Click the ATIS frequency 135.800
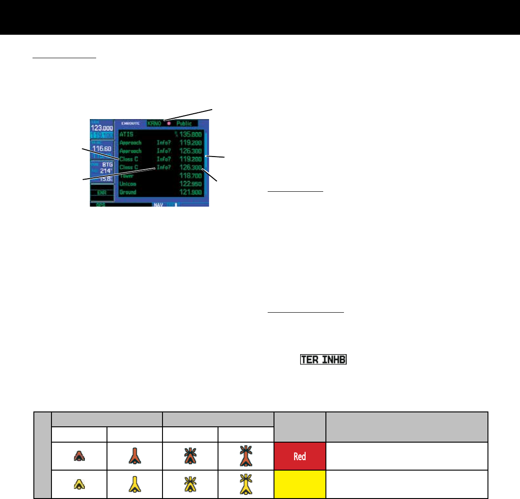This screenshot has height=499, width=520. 190,134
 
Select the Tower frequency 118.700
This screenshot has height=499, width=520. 190,176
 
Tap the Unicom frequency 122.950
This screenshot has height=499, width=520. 190,184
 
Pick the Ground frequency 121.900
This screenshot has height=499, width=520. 190,192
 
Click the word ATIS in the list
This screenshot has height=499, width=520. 126,134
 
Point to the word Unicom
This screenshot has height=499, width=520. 128,184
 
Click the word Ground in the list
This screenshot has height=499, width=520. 128,192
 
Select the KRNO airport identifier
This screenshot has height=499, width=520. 154,123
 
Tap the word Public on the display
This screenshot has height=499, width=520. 184,123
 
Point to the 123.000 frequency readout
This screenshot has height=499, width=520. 102,128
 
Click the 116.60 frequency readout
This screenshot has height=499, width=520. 102,148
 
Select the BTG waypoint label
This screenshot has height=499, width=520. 107,165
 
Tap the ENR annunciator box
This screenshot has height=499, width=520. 102,193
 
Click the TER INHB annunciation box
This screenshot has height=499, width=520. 324,360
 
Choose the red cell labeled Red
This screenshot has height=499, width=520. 300,456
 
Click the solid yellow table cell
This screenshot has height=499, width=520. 300,485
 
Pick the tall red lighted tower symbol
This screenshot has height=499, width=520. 246,456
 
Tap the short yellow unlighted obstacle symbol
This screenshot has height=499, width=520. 79,485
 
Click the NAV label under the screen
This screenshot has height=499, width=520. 158,205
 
